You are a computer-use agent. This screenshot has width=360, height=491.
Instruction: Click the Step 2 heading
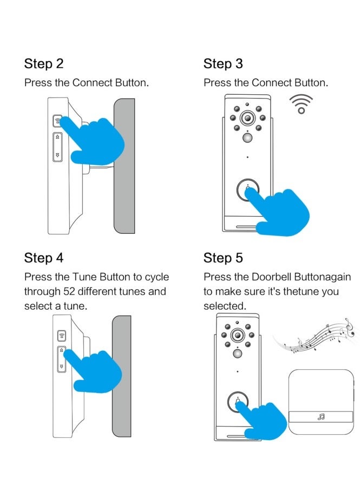point(43,64)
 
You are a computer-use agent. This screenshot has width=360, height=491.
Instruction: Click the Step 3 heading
point(223,64)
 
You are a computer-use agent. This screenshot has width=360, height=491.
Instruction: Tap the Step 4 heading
point(43,258)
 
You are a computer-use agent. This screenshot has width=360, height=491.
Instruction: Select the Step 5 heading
point(223,258)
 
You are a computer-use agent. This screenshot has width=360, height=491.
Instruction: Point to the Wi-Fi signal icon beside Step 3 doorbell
point(301,104)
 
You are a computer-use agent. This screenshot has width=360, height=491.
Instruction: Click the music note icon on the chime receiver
point(321,417)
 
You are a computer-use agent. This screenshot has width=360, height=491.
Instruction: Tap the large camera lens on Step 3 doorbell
point(248,118)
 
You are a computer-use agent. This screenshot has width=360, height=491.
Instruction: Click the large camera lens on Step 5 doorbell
point(237,335)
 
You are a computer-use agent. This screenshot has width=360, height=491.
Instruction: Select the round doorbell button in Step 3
point(247,191)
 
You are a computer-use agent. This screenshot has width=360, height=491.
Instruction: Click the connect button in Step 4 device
point(62,336)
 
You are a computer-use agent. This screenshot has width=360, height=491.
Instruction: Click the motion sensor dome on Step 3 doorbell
point(248,139)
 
